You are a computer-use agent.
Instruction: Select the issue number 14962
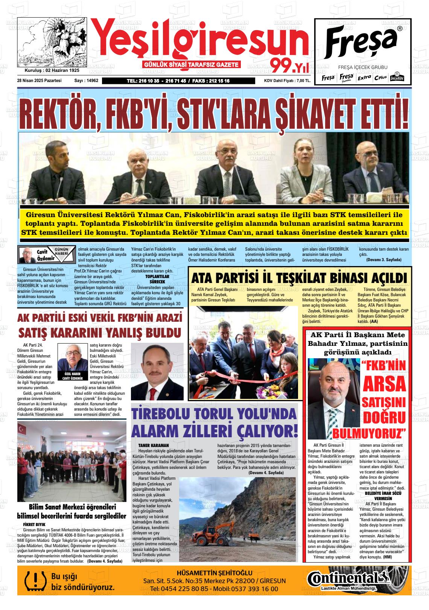tap(91, 81)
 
